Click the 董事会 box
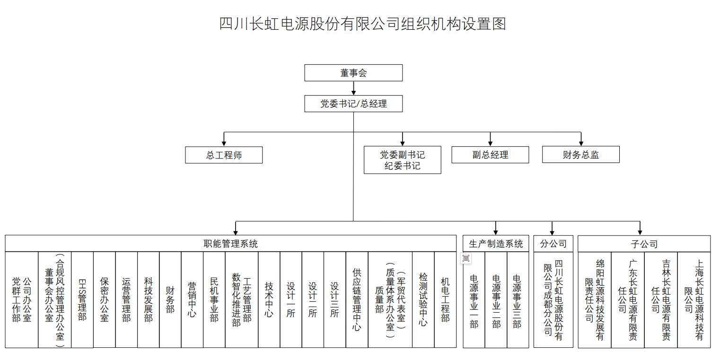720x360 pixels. (x=353, y=73)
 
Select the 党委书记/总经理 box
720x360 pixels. (x=353, y=104)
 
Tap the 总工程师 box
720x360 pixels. (x=224, y=155)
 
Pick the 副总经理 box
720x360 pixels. (x=490, y=155)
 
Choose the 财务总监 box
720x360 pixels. (x=580, y=155)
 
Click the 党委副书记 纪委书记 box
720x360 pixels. (x=402, y=160)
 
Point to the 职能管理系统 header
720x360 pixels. (x=230, y=244)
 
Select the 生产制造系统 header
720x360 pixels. (x=496, y=244)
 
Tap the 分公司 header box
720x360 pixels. (x=553, y=244)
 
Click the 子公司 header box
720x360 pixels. (x=644, y=244)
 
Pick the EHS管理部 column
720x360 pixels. (x=82, y=299)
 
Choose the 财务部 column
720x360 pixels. (x=170, y=299)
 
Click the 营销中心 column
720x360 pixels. (x=192, y=299)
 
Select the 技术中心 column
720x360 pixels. (x=269, y=299)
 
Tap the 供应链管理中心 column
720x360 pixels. (x=357, y=299)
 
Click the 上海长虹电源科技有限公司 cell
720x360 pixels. (x=694, y=299)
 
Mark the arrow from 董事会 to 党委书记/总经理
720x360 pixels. (x=353, y=88)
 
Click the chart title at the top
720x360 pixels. (x=362, y=24)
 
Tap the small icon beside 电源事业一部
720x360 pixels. (x=466, y=258)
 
